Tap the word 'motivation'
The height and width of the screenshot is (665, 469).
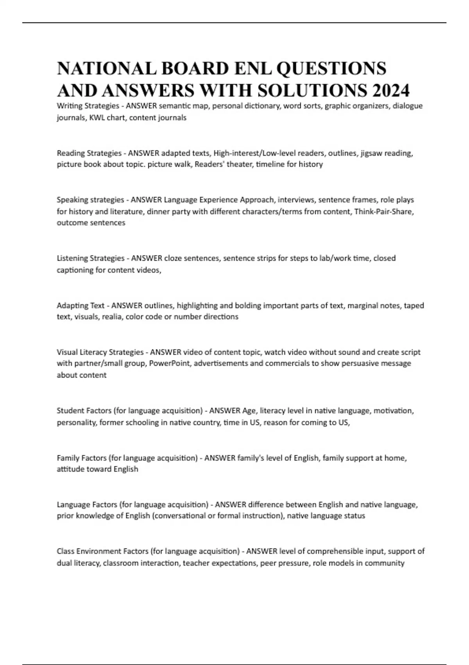pyautogui.click(x=393, y=410)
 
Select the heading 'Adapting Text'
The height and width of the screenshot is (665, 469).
pyautogui.click(x=81, y=305)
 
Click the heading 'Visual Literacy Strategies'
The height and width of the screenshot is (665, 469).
pyautogui.click(x=100, y=352)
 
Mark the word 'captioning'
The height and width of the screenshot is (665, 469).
pyautogui.click(x=75, y=270)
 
